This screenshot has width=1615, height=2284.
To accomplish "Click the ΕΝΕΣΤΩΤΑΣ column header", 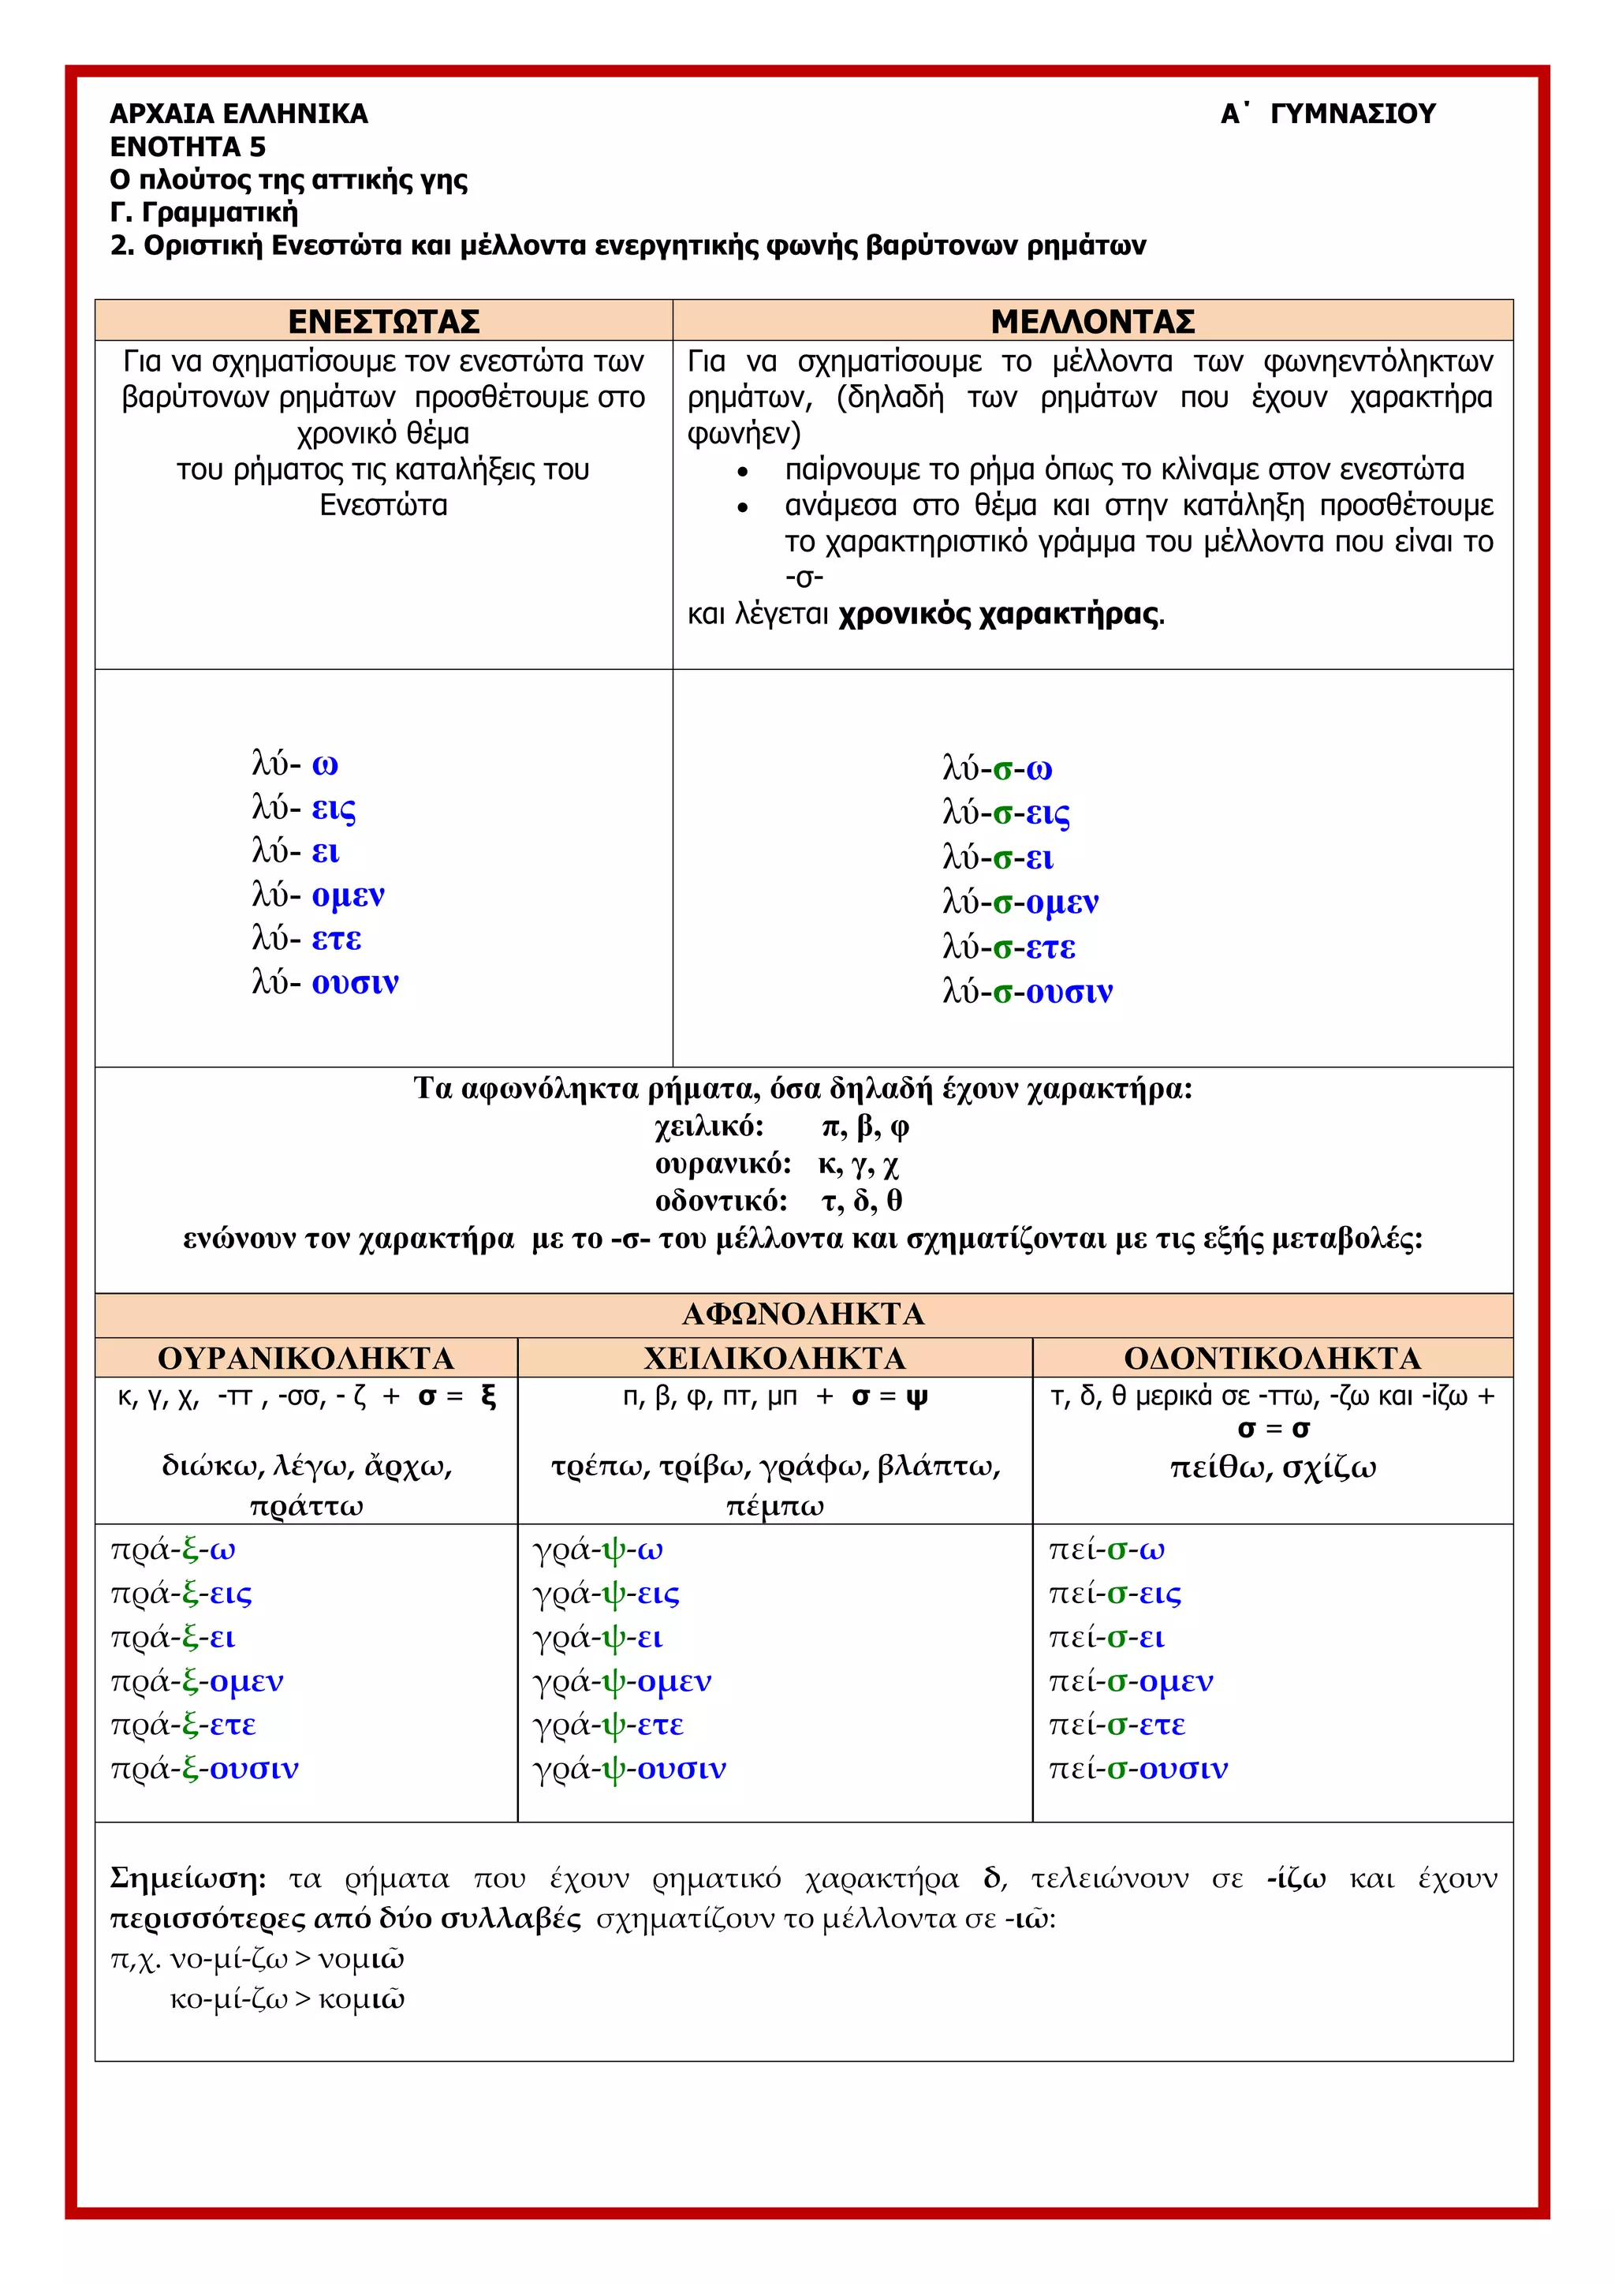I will pyautogui.click(x=384, y=321).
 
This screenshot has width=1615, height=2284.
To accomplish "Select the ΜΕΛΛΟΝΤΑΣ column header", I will pyautogui.click(x=1092, y=321).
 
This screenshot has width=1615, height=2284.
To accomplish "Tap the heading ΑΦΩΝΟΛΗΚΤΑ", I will pyautogui.click(x=804, y=1314).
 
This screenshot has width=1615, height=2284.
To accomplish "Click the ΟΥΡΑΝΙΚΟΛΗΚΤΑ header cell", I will pyautogui.click(x=306, y=1358).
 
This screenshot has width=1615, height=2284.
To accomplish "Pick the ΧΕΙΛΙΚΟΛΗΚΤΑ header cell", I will pyautogui.click(x=774, y=1358).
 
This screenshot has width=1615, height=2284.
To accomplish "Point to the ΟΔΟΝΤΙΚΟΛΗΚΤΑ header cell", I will pyautogui.click(x=1272, y=1358).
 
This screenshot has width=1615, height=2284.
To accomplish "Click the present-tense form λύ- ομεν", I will pyautogui.click(x=319, y=895).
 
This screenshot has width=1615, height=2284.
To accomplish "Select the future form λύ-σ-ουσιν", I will pyautogui.click(x=1028, y=992).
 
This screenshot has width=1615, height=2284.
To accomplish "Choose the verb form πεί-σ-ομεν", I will pyautogui.click(x=1131, y=1680).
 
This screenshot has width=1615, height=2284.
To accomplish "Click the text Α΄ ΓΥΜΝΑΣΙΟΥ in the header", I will pyautogui.click(x=1328, y=114).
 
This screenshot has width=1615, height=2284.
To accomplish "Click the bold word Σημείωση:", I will pyautogui.click(x=188, y=1878).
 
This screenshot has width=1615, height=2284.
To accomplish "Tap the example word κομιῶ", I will pyautogui.click(x=362, y=1999).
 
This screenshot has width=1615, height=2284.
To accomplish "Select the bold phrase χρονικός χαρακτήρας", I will pyautogui.click(x=998, y=614).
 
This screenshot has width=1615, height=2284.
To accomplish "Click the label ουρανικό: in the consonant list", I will pyautogui.click(x=723, y=1164).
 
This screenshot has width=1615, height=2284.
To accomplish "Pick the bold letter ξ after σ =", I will pyautogui.click(x=487, y=1396).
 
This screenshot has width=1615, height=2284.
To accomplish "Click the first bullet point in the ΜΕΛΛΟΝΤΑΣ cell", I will pyautogui.click(x=742, y=470).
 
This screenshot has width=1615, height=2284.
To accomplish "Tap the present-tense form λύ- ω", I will pyautogui.click(x=296, y=764).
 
